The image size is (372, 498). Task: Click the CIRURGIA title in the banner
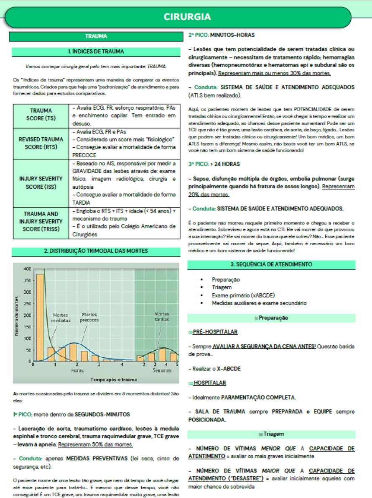[187, 17]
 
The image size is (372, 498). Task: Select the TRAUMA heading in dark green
[96, 37]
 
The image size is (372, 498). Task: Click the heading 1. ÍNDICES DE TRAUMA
[96, 52]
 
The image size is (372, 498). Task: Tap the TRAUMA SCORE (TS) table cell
[41, 115]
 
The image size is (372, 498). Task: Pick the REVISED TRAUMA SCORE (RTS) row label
[41, 143]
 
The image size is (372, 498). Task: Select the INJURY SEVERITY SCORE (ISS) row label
[41, 182]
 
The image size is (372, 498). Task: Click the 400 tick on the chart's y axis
[28, 269]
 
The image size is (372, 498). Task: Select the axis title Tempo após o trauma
[114, 380]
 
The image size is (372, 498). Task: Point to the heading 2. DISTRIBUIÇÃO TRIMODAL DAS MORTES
[96, 251]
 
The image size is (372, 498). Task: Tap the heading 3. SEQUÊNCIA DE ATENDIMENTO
[271, 264]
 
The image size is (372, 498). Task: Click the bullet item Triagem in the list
[222, 288]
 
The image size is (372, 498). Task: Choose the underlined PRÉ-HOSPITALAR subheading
[215, 332]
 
